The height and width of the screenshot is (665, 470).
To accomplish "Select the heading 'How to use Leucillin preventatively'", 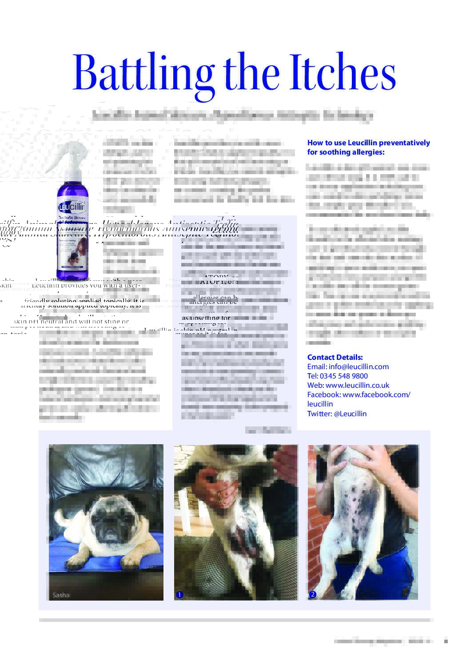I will (x=368, y=143).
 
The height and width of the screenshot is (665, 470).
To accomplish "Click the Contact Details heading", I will (x=335, y=357).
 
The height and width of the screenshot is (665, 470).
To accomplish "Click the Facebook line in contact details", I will (x=358, y=394).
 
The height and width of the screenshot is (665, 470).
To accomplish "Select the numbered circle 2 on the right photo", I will (x=312, y=594).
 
